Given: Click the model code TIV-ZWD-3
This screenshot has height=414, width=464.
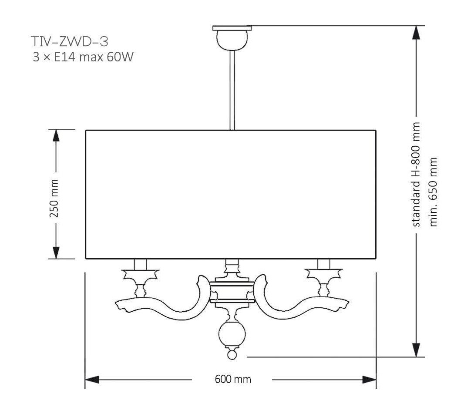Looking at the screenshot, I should click(70, 42).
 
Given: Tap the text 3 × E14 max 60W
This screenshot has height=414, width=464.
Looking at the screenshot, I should click(82, 57).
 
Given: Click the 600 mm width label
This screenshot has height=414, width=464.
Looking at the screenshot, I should click(233, 379).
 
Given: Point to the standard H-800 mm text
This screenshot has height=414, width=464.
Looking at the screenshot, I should click(417, 174).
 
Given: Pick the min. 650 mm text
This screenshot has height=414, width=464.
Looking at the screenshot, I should click(433, 192).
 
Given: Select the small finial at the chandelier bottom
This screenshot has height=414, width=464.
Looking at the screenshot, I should click(232, 355).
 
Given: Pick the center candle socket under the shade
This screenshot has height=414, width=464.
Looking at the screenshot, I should click(232, 264).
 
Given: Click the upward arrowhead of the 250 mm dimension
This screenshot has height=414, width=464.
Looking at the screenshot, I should click(56, 136).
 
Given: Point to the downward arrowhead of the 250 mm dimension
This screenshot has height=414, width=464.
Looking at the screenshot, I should click(56, 252).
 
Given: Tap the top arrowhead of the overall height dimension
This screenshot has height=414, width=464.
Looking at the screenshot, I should click(417, 33).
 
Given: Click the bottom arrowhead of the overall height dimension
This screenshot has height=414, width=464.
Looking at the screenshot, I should click(417, 350).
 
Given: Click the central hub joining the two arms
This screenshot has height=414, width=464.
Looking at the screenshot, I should click(232, 291).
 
